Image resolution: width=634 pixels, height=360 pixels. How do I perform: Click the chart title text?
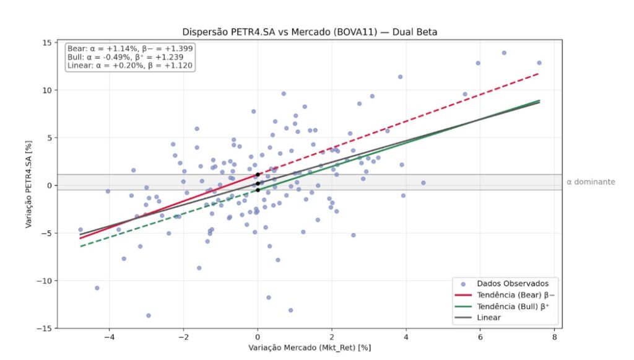point(310,32)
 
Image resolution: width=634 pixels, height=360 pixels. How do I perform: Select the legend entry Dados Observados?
point(508,283)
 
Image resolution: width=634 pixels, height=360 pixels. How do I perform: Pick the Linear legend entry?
point(490,317)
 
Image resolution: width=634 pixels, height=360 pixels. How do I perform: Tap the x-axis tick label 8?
point(554,338)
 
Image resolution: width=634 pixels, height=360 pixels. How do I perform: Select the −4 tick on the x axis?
point(109,338)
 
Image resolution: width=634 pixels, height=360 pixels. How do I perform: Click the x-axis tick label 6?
point(480,338)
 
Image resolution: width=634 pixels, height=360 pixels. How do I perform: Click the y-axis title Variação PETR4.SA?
point(29,185)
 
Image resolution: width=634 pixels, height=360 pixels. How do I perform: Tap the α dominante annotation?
point(591,182)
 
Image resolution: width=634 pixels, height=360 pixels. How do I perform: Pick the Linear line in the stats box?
point(129,65)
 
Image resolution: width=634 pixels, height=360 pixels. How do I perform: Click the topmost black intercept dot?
point(258,175)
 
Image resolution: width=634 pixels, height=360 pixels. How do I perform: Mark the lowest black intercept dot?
point(258,190)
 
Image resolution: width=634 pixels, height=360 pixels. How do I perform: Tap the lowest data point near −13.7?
point(149,315)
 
